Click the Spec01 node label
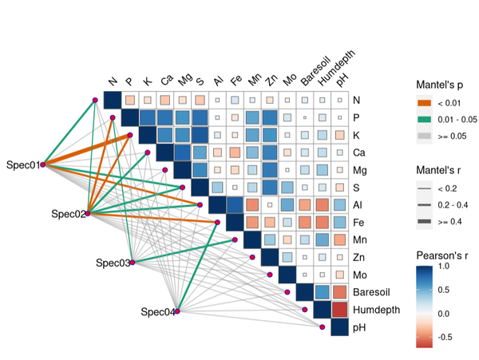tap(23, 165)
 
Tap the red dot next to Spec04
tap(177, 311)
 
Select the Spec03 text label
tap(113, 263)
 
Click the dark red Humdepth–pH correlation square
tap(340, 310)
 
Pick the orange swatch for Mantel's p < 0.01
tap(425, 103)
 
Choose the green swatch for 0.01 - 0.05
tap(425, 120)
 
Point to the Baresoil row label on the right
tap(371, 292)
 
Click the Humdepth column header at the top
tap(337, 68)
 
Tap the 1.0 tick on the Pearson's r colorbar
tap(444, 267)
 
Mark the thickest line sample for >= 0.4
tap(425, 221)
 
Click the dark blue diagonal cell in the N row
tap(113, 100)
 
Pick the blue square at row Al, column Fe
tap(235, 205)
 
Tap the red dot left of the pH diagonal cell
tap(322, 327)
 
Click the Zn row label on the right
tap(358, 257)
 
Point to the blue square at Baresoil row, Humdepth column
tap(323, 292)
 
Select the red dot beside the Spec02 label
tap(88, 213)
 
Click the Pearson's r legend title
tap(442, 255)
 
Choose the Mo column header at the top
tap(290, 80)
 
